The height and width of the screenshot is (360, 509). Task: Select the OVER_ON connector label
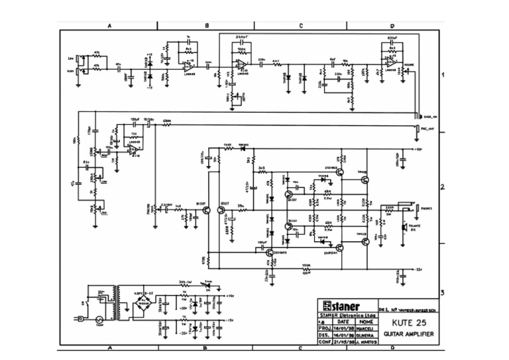pyautogui.click(x=430, y=117)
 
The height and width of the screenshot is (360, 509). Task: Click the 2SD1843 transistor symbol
pyautogui.click(x=270, y=253)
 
